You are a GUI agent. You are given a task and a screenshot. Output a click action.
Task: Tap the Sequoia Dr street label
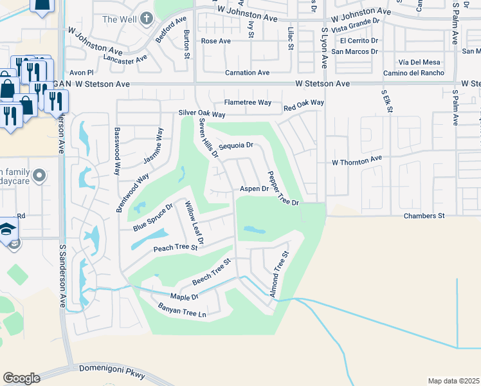tap(237, 147)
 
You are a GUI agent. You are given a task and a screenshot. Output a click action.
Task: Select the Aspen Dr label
tap(254, 188)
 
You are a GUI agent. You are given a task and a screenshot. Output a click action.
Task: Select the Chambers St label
tap(424, 216)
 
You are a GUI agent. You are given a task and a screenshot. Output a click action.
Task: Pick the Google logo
tap(21, 378)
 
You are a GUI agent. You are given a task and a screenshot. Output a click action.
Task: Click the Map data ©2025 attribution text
tap(453, 381)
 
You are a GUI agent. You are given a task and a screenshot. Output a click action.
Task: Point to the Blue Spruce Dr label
tap(153, 217)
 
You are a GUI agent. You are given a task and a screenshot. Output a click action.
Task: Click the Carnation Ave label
tap(246, 73)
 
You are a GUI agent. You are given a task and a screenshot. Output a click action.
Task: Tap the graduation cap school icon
tap(8, 229)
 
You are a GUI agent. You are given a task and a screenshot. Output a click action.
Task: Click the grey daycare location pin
tap(39, 175)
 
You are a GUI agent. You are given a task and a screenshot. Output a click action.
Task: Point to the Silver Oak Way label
tap(202, 114)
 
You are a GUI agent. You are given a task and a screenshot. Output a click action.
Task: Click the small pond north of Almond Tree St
tap(254, 229)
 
